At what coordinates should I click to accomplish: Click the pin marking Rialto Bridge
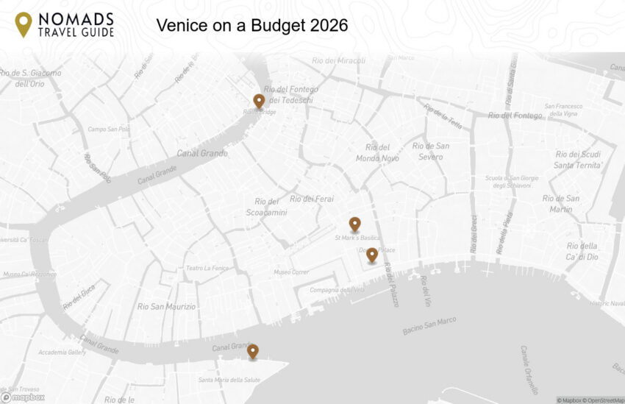(x=259, y=102)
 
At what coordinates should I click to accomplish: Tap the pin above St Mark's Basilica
(x=354, y=224)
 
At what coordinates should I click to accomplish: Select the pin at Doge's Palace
(x=372, y=255)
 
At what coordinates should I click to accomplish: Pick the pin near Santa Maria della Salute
(x=253, y=351)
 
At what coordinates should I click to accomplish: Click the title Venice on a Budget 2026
(x=251, y=25)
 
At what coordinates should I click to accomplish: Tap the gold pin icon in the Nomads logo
(x=24, y=24)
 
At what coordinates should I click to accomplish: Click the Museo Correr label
(x=291, y=272)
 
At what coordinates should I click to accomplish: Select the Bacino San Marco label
(x=429, y=325)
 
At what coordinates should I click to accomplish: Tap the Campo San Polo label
(x=109, y=130)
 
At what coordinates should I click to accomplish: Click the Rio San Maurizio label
(x=167, y=306)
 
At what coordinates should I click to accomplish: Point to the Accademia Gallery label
(x=63, y=352)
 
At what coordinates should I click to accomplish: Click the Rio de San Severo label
(x=431, y=152)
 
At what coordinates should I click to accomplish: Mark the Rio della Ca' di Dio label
(x=582, y=251)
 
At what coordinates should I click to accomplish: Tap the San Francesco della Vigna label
(x=564, y=110)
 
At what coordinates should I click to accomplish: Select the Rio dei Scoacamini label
(x=266, y=207)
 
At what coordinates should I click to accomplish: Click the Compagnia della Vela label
(x=337, y=290)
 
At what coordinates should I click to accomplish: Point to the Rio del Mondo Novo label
(x=377, y=153)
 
